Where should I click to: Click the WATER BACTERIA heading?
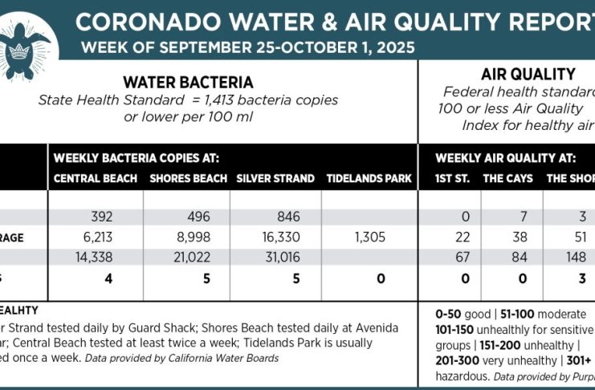(188, 82)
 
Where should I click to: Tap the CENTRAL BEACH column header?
(95, 177)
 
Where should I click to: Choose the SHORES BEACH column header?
(187, 177)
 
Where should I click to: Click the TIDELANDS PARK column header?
(369, 177)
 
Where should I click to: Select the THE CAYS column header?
(507, 177)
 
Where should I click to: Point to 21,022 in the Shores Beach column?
(190, 257)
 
